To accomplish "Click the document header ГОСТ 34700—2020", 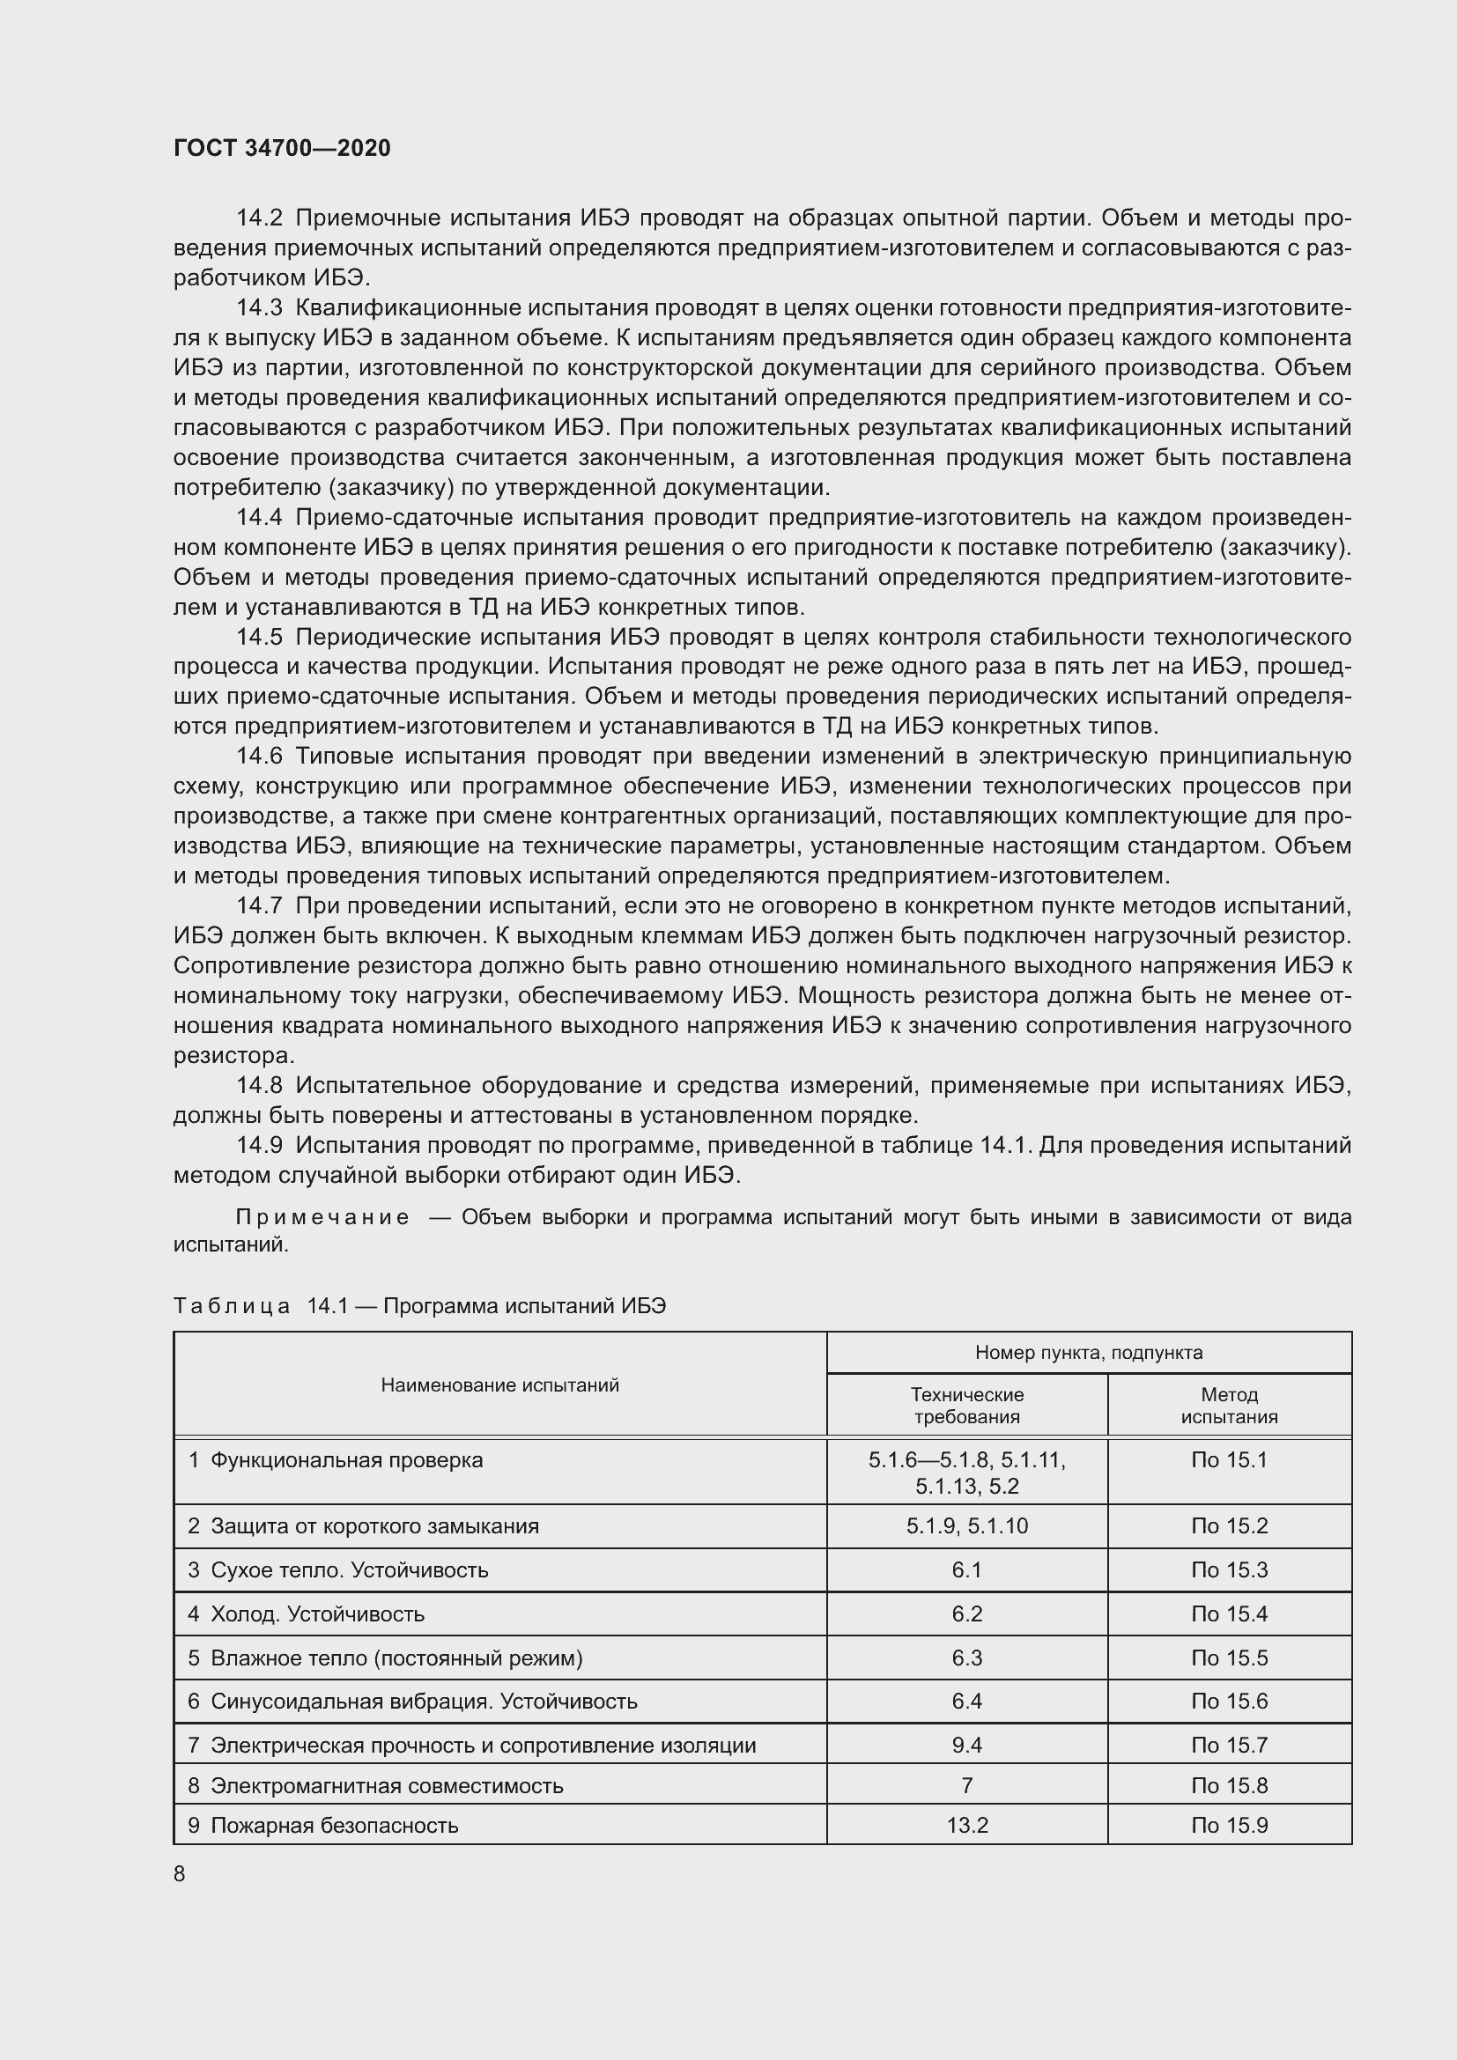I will (282, 148).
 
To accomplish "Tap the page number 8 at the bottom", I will (180, 1873).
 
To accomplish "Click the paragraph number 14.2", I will (258, 218).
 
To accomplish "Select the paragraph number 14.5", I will (258, 637).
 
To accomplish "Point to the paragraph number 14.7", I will (258, 906).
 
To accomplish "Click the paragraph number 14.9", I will (258, 1146).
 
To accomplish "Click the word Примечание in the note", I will (322, 1217).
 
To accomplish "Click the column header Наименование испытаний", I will (499, 1385).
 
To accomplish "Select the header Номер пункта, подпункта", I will (1088, 1353).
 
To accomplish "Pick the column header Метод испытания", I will (1229, 1406).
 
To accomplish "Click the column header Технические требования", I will (967, 1406).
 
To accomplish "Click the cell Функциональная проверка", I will (346, 1460).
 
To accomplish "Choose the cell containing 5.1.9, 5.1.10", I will (967, 1526).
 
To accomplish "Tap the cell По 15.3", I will (1229, 1570).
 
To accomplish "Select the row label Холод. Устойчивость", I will (317, 1614).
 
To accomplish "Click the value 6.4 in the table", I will (967, 1702).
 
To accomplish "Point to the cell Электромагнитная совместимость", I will (387, 1785).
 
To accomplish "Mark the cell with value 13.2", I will (967, 1826).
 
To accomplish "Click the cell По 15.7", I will (1229, 1745).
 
